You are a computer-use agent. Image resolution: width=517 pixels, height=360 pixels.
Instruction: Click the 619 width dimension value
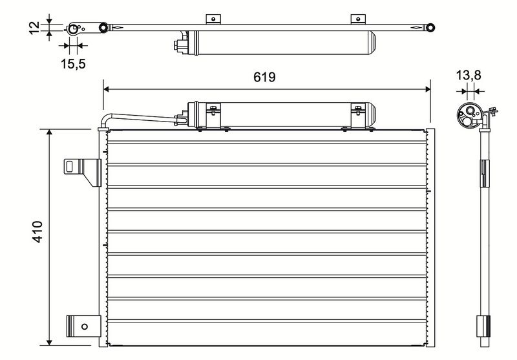pyautogui.click(x=264, y=77)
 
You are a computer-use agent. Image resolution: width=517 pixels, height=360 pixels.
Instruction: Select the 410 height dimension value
pyautogui.click(x=37, y=232)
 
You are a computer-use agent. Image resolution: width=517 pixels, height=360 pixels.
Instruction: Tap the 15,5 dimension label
pyautogui.click(x=73, y=63)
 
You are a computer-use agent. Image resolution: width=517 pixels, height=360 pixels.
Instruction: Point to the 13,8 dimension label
pyautogui.click(x=468, y=76)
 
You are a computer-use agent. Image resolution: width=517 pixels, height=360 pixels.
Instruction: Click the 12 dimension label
pyautogui.click(x=34, y=28)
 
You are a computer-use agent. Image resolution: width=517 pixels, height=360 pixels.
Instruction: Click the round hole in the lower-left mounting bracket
pyautogui.click(x=85, y=326)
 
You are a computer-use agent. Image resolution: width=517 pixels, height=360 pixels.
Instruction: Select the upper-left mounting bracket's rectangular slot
pyautogui.click(x=70, y=167)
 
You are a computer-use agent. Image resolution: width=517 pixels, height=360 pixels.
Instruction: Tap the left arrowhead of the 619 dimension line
pyautogui.click(x=106, y=89)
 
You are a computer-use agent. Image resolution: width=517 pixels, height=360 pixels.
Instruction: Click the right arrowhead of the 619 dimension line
pyautogui.click(x=428, y=89)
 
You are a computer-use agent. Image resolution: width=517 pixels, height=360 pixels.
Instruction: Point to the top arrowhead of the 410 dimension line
pyautogui.click(x=50, y=132)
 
